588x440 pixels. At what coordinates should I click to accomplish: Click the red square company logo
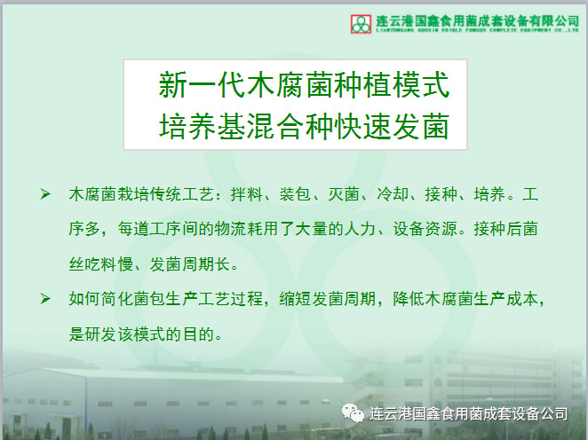[361, 24]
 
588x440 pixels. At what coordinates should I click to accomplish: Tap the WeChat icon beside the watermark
[353, 412]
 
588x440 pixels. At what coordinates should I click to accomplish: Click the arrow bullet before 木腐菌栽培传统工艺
[45, 194]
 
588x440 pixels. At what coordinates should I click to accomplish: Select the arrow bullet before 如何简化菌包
[45, 298]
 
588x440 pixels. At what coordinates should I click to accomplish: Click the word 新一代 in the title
[202, 84]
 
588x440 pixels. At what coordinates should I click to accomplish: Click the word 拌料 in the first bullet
[246, 194]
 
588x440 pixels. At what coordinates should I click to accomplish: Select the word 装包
[295, 194]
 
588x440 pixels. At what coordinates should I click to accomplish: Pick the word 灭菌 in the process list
[344, 194]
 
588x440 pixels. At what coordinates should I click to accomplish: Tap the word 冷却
[393, 194]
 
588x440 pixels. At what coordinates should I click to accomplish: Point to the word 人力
[360, 229]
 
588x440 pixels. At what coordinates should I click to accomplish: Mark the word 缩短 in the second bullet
[295, 299]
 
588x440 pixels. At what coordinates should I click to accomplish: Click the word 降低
[409, 299]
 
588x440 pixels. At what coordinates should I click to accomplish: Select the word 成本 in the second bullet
[522, 299]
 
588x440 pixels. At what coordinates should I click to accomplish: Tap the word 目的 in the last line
[198, 334]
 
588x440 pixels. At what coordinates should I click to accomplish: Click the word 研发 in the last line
[101, 334]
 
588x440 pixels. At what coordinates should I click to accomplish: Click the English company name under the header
[477, 30]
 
